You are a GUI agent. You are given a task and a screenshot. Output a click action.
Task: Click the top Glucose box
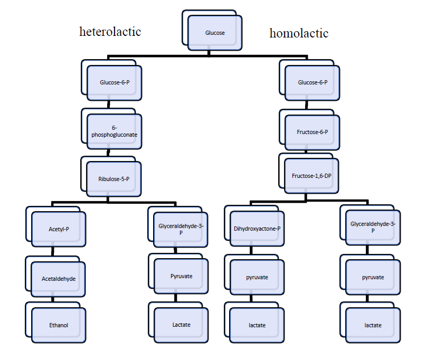[215, 33]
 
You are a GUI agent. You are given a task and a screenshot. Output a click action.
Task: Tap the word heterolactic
[110, 32]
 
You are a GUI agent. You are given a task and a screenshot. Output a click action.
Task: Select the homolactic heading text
[299, 33]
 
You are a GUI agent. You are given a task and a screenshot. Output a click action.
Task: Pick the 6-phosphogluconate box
[114, 131]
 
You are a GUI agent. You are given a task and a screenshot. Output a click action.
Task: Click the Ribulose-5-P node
[113, 179]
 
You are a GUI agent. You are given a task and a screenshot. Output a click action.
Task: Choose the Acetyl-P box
[58, 229]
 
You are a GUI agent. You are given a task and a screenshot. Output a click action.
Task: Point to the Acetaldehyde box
[58, 278]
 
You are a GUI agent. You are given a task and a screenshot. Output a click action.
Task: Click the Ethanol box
[58, 325]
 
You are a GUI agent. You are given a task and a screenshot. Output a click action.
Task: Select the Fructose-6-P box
[312, 131]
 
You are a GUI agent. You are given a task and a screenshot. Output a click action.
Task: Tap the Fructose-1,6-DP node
[311, 176]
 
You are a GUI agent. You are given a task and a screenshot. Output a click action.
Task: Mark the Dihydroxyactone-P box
[257, 229]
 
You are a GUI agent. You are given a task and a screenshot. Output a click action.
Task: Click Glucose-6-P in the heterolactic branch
[114, 82]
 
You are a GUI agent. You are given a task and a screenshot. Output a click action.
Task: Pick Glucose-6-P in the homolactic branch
[312, 82]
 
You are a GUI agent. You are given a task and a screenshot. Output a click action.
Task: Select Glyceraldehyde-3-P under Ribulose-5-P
[181, 229]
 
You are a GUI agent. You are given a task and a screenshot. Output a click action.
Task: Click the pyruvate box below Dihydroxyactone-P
[257, 277]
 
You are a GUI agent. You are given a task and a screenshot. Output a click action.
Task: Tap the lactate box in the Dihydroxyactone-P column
[257, 325]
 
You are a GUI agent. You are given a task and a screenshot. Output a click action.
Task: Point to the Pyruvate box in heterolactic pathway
[181, 276]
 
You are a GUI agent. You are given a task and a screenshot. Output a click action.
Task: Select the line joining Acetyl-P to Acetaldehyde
[53, 252]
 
